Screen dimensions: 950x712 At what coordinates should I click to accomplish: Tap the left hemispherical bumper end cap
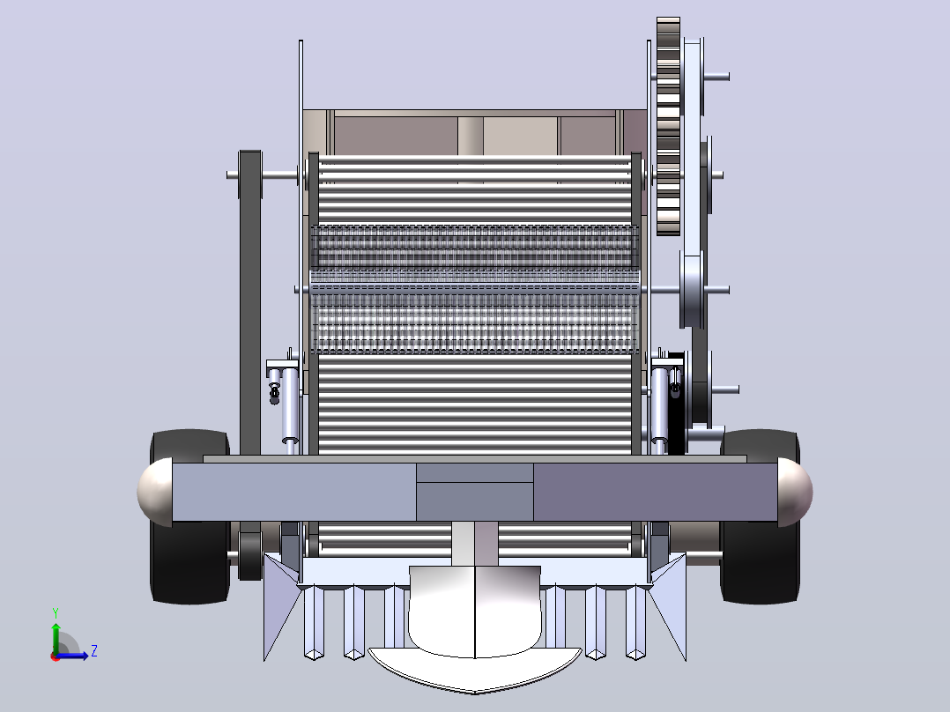coord(154,492)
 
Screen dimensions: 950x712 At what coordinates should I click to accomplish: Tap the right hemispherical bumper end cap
coord(795,492)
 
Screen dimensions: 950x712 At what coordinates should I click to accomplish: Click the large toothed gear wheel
coord(668,126)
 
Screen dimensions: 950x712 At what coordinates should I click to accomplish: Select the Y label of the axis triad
coord(56,613)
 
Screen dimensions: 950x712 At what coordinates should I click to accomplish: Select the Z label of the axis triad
coord(94,651)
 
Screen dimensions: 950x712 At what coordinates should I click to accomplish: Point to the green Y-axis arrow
coord(56,638)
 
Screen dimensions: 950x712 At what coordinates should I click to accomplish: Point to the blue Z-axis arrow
coord(71,656)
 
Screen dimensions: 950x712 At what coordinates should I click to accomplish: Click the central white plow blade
coord(474,630)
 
